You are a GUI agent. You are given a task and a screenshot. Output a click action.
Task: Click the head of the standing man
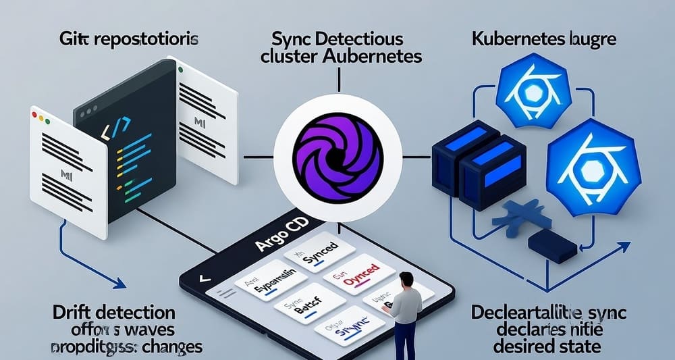406,280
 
